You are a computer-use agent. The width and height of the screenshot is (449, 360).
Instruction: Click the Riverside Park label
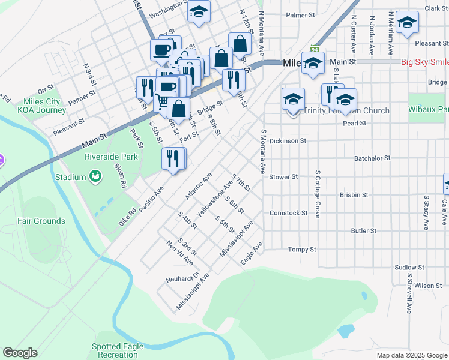point(112,157)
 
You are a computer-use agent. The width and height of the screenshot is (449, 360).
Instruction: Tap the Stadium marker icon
point(95,176)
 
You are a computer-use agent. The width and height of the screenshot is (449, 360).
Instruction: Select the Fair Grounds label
point(41,221)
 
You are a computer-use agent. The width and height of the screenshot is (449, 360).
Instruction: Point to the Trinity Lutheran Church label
point(346,110)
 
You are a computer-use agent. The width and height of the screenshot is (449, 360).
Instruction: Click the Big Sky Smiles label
point(424,62)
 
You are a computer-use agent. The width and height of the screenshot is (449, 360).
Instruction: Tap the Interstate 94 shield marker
point(315,49)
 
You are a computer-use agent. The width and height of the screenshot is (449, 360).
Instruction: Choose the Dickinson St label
point(288,141)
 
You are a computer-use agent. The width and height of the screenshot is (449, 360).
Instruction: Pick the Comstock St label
point(288,213)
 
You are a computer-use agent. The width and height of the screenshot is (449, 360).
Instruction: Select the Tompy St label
point(302,249)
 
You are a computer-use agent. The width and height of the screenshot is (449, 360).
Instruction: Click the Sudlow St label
point(409,268)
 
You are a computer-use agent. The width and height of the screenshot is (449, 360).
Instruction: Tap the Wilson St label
point(428,286)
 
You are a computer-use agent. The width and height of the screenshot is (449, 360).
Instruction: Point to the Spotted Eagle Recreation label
point(118,350)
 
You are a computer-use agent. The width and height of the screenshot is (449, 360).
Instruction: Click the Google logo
point(20,353)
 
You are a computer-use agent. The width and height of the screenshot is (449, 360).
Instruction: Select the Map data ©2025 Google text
point(411,355)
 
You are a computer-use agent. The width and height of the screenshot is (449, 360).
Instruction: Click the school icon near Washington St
point(199,11)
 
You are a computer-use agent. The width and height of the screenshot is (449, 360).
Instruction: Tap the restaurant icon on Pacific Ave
point(173,158)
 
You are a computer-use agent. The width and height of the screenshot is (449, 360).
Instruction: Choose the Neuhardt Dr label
point(182,279)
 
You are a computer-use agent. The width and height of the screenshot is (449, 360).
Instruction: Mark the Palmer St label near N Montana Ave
point(301,15)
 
